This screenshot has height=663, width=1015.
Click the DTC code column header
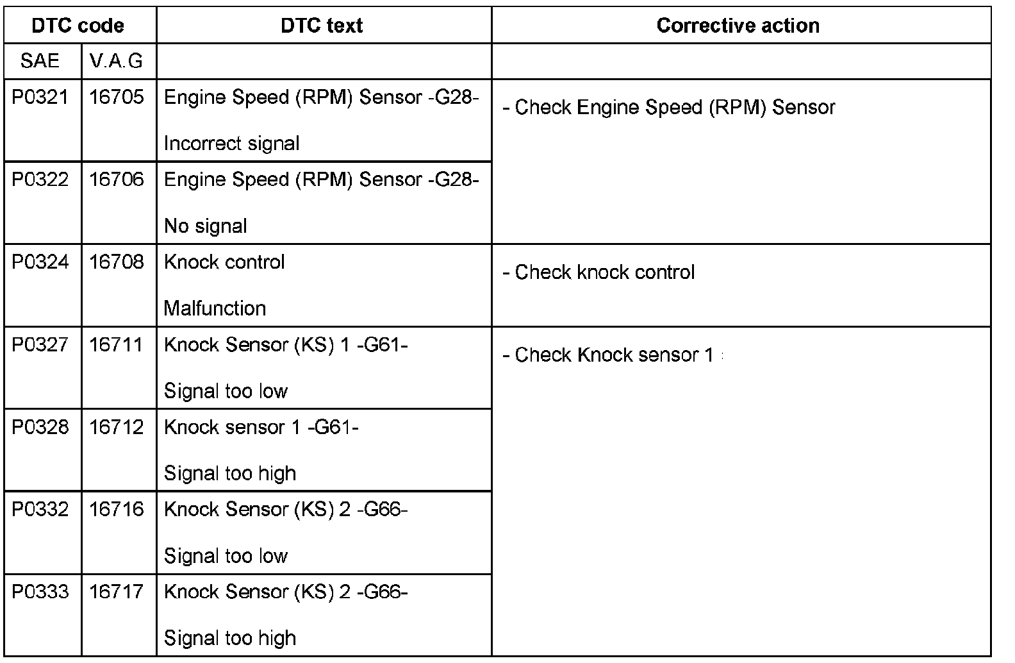click(78, 26)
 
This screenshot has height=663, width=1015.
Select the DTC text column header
click(322, 26)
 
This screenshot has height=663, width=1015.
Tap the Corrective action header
click(738, 26)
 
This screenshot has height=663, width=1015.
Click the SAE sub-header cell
click(40, 61)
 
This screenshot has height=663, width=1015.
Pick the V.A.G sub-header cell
click(116, 61)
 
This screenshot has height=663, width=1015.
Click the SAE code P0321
click(40, 97)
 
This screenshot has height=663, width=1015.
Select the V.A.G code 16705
click(117, 97)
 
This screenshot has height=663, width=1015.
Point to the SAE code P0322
click(40, 180)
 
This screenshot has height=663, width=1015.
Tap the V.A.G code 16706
click(117, 180)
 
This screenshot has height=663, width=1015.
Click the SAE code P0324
click(40, 262)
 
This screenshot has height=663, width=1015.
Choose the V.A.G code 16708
click(117, 262)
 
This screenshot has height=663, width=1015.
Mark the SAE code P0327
click(40, 345)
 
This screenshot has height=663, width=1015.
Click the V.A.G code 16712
click(117, 427)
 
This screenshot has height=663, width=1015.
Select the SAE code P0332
click(40, 510)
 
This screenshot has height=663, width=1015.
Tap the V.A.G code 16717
click(117, 592)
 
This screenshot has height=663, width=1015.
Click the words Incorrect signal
click(231, 143)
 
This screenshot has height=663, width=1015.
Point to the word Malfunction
click(215, 308)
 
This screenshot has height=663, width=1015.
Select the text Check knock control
click(604, 273)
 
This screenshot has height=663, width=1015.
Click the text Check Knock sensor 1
click(613, 355)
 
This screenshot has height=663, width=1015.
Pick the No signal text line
click(205, 226)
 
